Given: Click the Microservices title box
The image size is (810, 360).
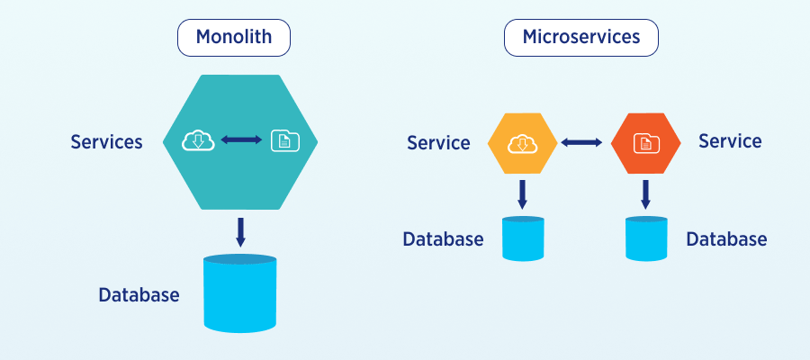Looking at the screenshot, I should (580, 38).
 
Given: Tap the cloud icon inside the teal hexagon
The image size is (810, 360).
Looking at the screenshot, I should (197, 140).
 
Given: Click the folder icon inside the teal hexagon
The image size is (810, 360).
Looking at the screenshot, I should (284, 140).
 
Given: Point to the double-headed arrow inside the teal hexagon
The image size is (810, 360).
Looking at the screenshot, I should (241, 139).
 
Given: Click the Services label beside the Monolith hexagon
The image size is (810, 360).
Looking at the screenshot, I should (106, 141).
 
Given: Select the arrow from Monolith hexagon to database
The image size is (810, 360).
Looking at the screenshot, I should (240, 231).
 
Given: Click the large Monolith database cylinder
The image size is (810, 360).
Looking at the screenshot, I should (239, 293).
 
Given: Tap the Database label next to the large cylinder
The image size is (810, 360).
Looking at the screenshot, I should (139, 294).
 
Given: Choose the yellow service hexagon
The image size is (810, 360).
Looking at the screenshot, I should (522, 143).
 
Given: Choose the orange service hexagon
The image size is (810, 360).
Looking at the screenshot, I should (644, 143).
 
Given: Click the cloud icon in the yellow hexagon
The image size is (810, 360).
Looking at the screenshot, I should (522, 142).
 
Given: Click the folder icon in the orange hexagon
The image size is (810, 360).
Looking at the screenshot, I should (644, 142).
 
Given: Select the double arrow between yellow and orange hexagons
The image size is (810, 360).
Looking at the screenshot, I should (582, 141).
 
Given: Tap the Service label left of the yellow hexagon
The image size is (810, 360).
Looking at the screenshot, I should (438, 142).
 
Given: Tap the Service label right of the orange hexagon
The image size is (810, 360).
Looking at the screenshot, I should (730, 141).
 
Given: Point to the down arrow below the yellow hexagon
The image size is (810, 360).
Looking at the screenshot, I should (522, 193).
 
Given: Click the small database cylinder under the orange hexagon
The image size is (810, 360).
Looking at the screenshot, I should (646, 238).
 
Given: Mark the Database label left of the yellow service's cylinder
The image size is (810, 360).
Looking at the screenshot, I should (443, 239).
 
